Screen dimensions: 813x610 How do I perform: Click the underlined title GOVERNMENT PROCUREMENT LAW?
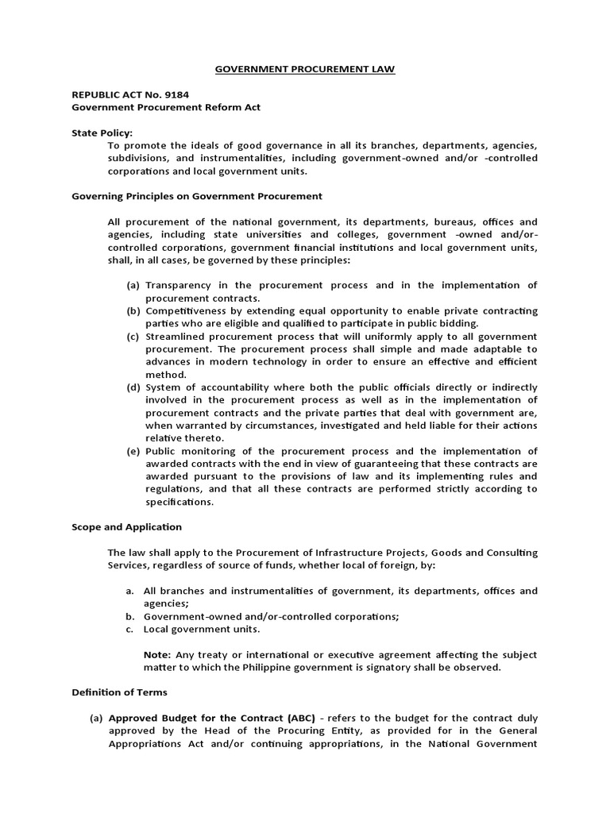pos(305,70)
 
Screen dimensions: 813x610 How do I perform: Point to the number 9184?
pos(174,94)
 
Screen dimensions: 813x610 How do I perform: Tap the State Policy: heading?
pos(102,133)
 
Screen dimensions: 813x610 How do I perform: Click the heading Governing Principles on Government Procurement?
pos(197,196)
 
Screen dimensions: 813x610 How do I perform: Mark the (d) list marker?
pos(133,387)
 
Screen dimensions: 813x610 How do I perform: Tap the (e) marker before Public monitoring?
pos(133,450)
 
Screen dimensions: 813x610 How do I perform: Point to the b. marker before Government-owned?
pos(130,616)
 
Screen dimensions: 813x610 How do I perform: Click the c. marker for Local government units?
pos(130,629)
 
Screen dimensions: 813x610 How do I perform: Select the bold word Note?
pos(156,654)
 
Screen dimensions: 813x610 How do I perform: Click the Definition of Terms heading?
pos(120,692)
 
